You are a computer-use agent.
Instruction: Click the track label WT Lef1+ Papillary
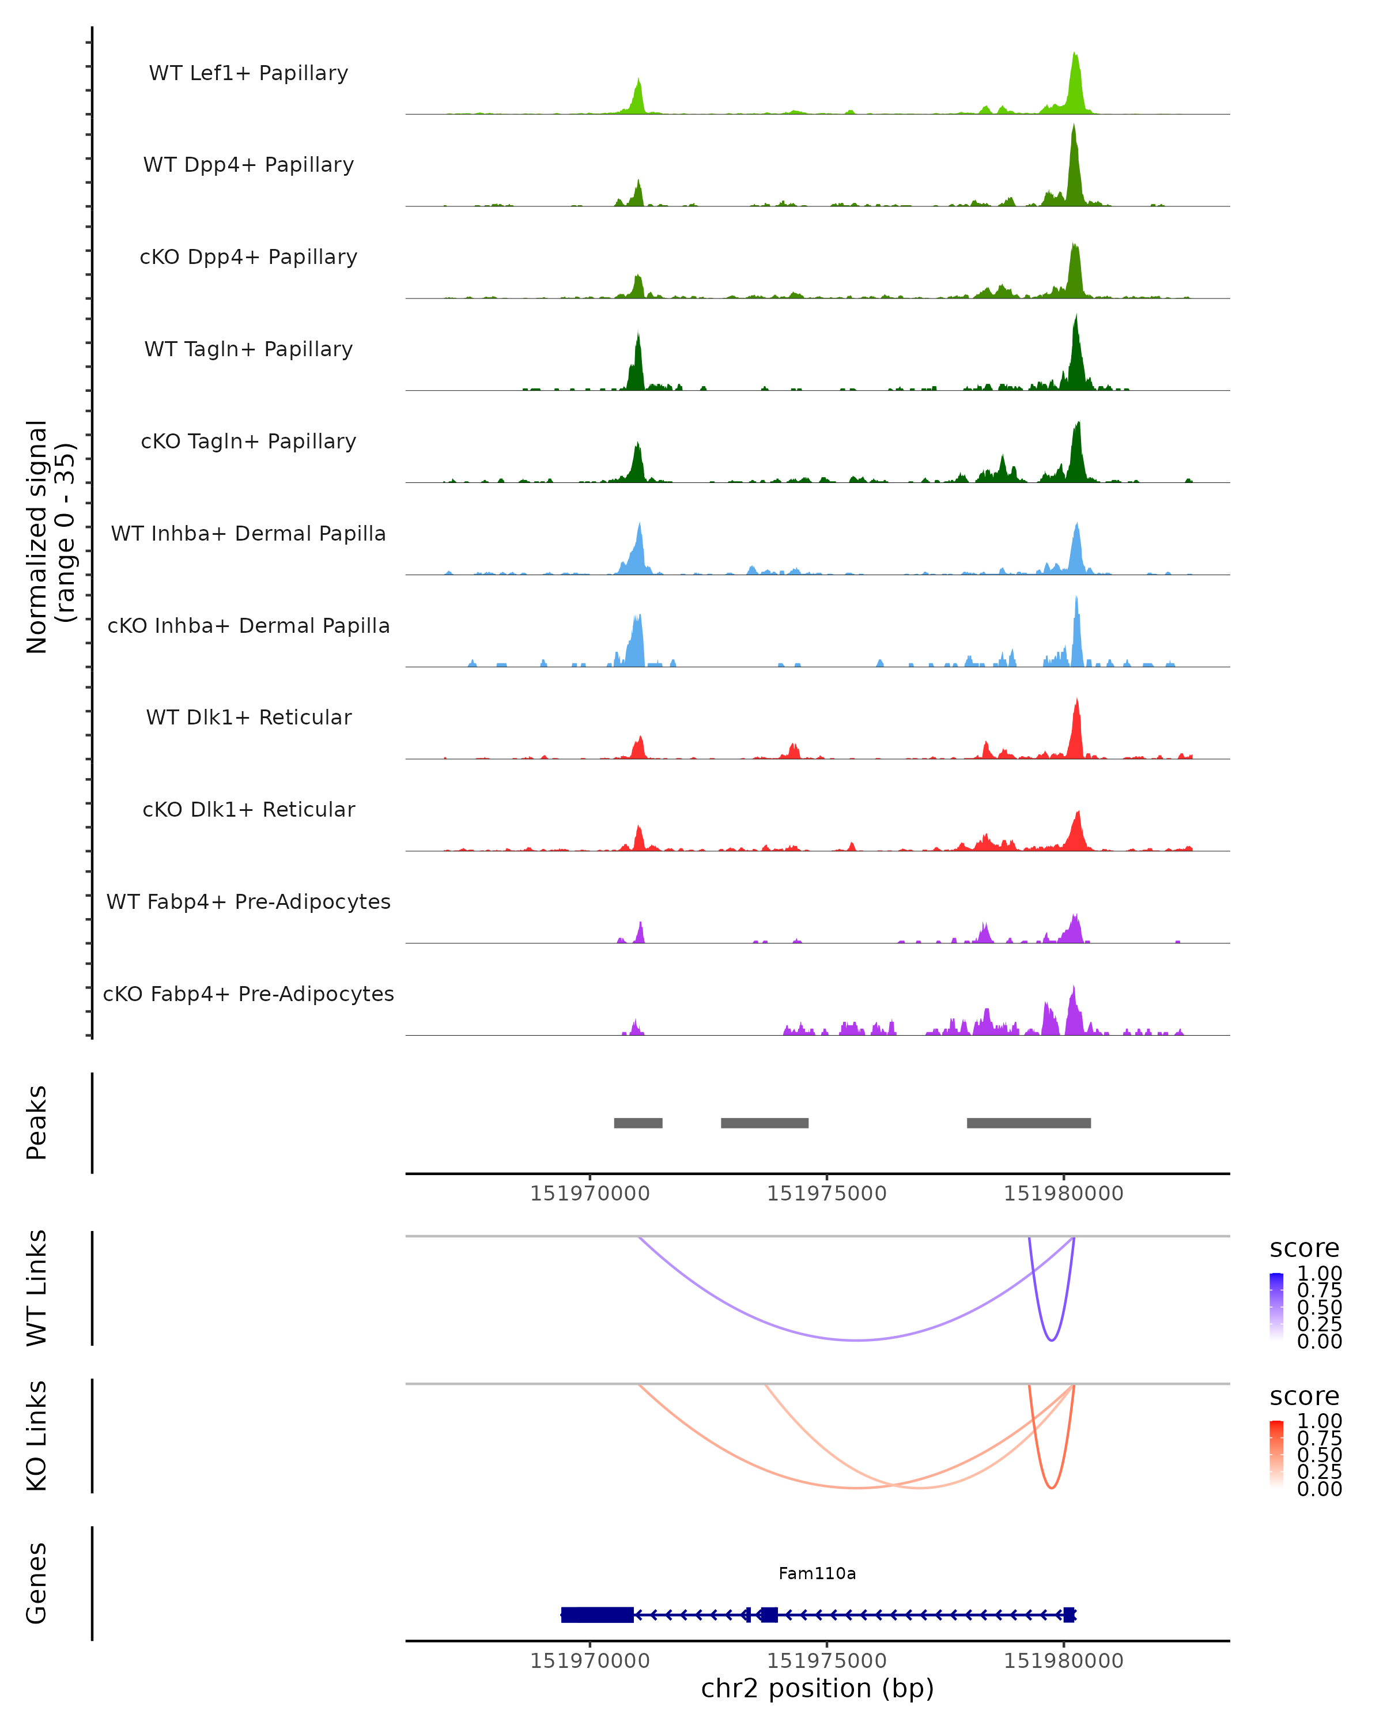coord(248,73)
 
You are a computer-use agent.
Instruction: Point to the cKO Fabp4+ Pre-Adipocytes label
coord(248,994)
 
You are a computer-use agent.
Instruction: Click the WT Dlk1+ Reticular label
coord(248,718)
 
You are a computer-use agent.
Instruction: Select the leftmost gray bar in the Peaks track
coord(638,1123)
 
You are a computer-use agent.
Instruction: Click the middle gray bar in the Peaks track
coord(764,1123)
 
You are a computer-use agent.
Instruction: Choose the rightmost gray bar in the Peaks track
coord(1029,1123)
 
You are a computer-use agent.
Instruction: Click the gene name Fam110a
coord(817,1573)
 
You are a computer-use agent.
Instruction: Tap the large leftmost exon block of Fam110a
coord(598,1614)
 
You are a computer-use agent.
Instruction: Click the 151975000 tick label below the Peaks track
coord(826,1194)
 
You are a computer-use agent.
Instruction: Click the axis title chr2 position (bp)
coord(817,1688)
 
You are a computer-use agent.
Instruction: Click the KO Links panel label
coord(37,1436)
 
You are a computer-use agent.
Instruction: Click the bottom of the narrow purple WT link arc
coord(1051,1339)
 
